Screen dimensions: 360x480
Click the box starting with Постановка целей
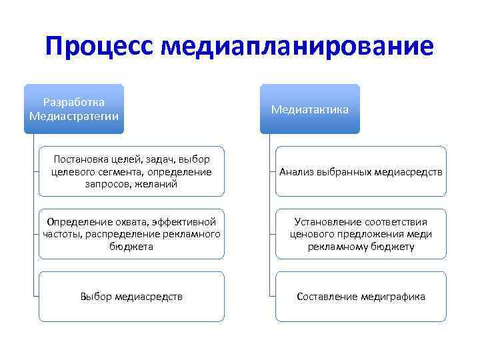pos(131,171)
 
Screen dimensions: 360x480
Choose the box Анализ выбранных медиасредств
pos(361,171)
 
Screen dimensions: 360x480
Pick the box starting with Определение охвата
pos(131,234)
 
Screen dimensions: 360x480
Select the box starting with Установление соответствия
pos(361,234)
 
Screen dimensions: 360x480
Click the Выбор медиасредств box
pos(131,297)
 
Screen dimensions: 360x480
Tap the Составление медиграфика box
pos(361,297)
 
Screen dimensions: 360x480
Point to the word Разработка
pos(74,103)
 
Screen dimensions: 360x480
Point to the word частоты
pos(62,234)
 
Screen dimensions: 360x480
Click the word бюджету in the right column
pos(394,246)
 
